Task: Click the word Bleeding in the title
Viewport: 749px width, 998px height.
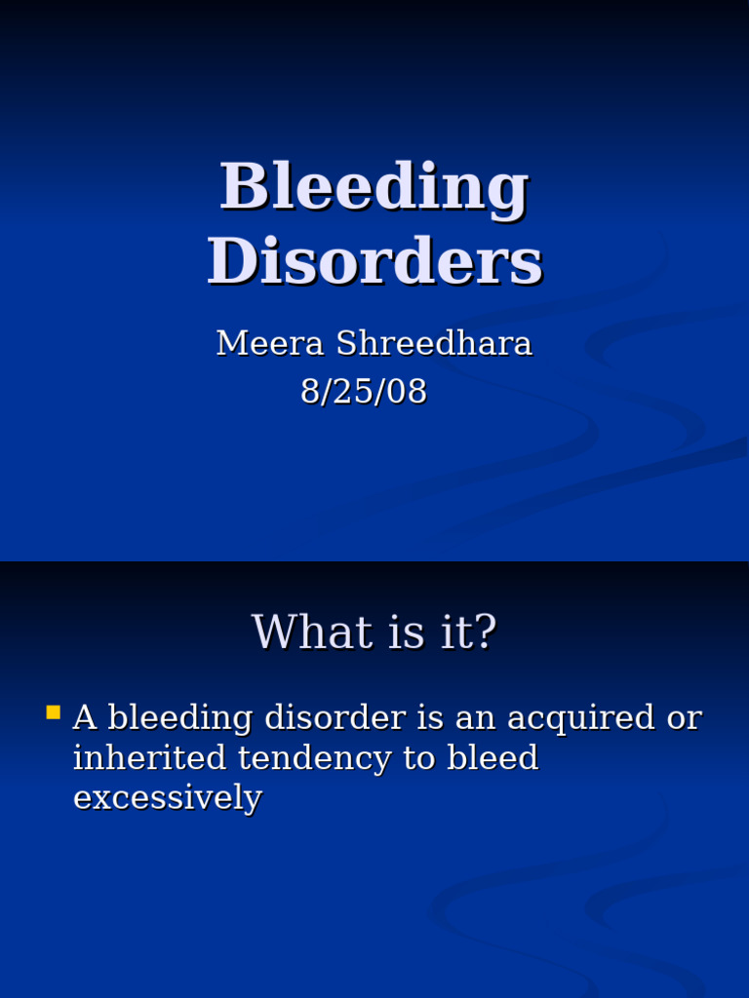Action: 374,186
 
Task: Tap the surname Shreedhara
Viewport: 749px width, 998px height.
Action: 434,343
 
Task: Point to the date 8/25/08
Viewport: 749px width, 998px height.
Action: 364,391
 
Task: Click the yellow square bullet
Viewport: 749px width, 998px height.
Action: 54,712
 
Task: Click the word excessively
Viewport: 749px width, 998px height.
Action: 168,797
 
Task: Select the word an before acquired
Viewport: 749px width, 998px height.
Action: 458,717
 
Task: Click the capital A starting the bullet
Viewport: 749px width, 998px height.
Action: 85,717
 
